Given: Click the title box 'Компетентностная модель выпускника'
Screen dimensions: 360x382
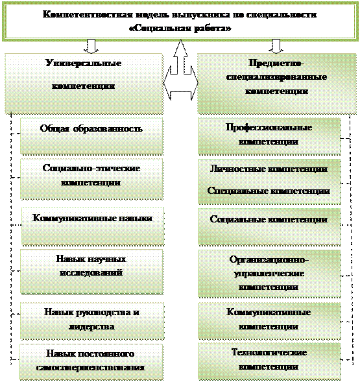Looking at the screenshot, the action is point(180,21).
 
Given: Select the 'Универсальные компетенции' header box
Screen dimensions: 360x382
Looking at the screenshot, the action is point(84,84).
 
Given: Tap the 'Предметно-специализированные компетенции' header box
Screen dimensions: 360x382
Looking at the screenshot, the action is point(276,84).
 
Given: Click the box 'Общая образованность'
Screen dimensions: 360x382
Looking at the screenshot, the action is point(91,136).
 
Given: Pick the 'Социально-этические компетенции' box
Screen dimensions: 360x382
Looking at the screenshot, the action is point(91,179).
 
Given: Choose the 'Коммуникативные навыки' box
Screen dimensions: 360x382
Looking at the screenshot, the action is point(93,226).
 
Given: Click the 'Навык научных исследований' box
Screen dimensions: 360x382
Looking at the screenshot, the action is point(91,272).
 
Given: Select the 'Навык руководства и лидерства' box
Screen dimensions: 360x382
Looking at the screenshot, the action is point(92,321).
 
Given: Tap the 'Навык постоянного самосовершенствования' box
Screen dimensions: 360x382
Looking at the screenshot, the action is point(91,362).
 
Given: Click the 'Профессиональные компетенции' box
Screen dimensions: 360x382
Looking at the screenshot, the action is point(269,136).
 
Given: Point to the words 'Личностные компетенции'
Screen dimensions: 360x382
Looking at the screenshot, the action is point(269,169).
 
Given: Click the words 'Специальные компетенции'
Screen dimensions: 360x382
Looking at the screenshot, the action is point(269,191).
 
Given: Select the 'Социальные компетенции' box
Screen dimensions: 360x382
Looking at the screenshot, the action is point(269,226).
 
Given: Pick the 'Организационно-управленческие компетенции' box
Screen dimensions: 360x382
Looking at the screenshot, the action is point(269,273).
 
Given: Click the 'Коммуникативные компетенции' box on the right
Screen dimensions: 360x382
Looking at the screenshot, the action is point(269,321).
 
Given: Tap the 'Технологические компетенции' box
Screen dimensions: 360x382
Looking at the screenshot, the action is point(269,361).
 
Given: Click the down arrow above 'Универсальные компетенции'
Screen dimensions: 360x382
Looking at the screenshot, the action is point(91,46).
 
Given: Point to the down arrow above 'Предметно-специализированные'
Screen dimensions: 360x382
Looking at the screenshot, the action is point(276,46).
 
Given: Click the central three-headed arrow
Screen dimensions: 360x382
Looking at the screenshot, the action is point(180,73).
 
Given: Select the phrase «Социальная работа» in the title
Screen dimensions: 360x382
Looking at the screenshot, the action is point(180,29).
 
